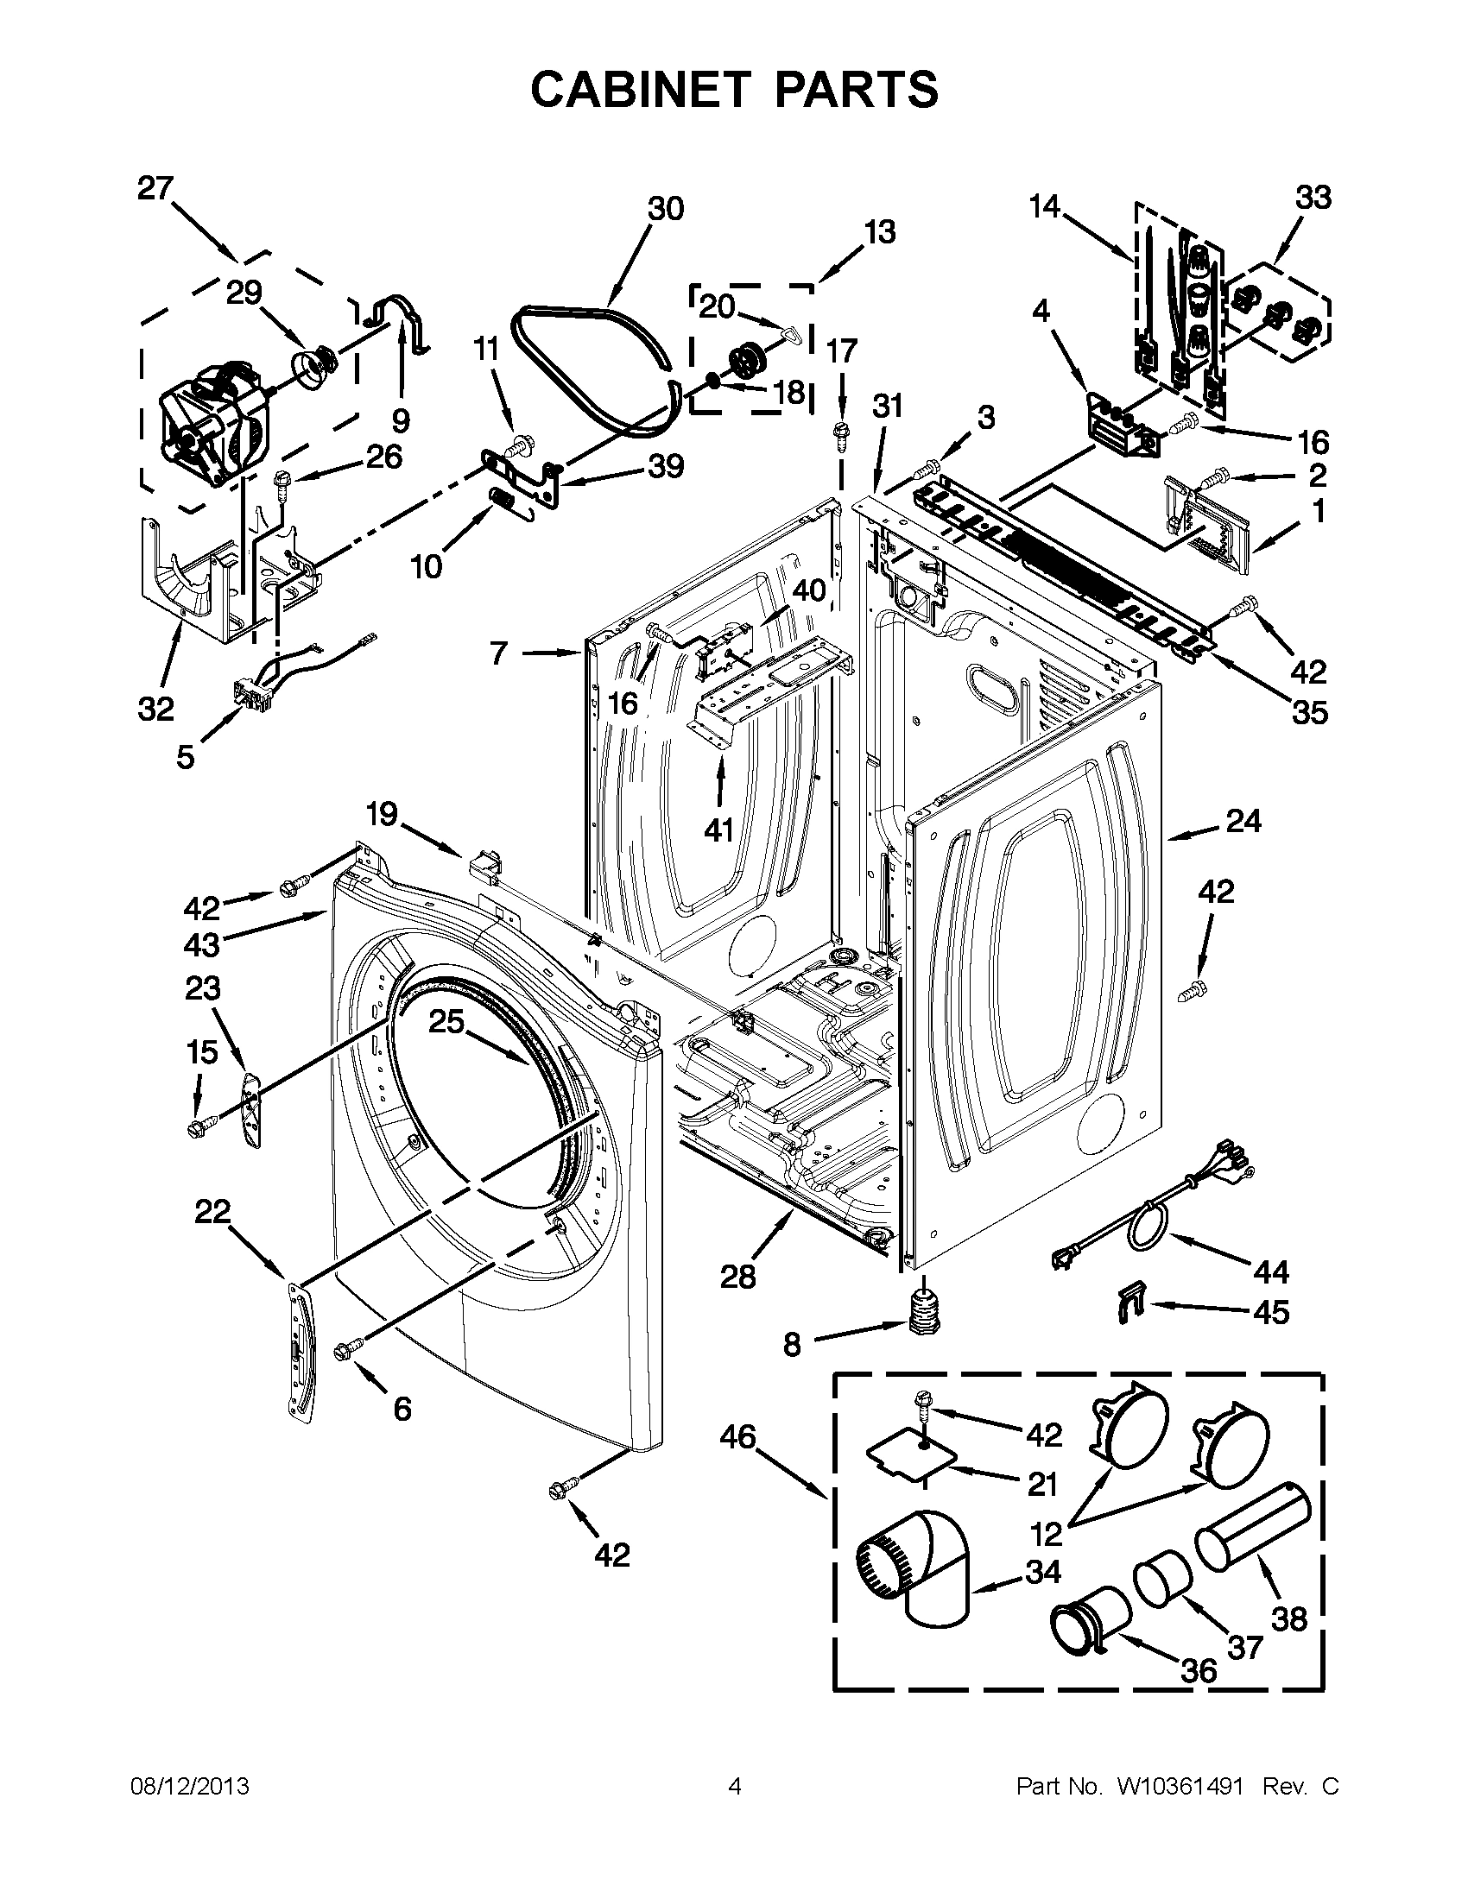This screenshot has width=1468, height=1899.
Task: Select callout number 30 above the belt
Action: pos(665,209)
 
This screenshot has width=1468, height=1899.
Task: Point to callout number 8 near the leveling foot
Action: pos(791,1345)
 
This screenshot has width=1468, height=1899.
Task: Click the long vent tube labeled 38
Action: pos(1252,1528)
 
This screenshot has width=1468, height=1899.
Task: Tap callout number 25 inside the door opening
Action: pos(446,1022)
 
